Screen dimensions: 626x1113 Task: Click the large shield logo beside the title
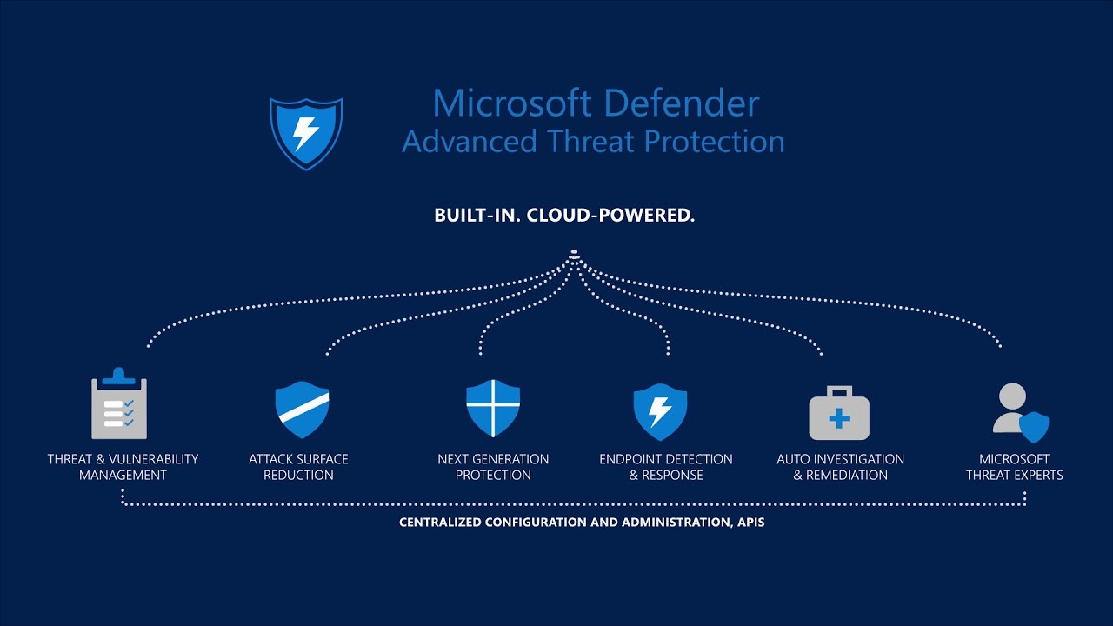tap(306, 133)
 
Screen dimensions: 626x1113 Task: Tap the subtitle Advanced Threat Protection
tap(593, 141)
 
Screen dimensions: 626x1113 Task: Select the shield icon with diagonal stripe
tap(302, 409)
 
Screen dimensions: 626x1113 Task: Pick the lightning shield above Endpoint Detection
tap(660, 410)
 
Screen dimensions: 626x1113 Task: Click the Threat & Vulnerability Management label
tap(123, 467)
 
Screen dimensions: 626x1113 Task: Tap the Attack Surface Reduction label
tap(298, 467)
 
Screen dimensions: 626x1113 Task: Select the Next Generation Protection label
tap(493, 467)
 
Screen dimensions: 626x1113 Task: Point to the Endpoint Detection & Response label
tap(666, 467)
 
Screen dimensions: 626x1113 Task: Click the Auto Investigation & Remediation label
tap(840, 467)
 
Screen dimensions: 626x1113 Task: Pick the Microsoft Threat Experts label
tap(1014, 467)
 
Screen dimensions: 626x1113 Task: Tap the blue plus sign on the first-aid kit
tap(839, 419)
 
